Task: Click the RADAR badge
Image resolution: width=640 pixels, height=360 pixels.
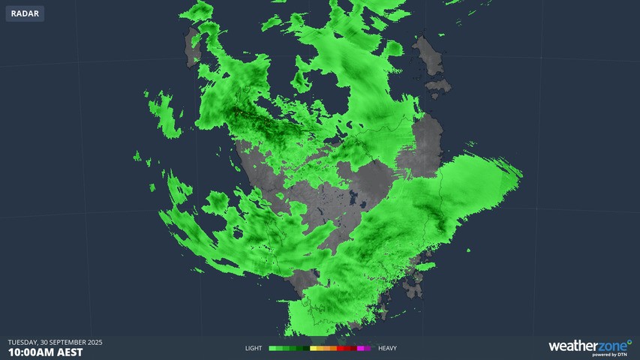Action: point(25,13)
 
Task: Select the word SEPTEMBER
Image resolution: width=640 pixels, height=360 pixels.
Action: point(69,342)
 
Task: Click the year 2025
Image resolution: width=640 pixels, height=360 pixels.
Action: point(95,342)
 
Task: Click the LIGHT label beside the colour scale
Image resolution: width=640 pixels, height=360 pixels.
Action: point(255,348)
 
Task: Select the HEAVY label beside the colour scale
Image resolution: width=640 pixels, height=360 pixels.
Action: point(387,348)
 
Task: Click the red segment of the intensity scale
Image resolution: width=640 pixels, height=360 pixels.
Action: point(341,348)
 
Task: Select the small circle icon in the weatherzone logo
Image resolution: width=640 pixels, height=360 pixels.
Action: point(629,342)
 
